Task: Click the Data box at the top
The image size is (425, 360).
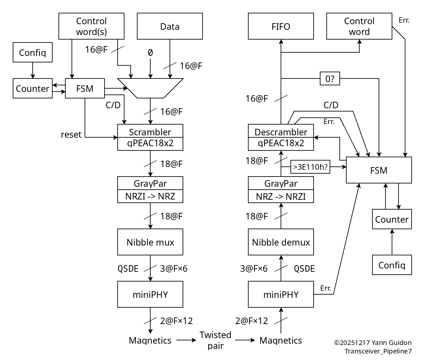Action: (170, 26)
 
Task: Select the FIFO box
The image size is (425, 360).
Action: (281, 26)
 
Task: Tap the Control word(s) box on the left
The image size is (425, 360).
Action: (91, 26)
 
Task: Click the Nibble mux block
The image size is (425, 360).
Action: (150, 242)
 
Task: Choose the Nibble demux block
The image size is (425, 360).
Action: (281, 242)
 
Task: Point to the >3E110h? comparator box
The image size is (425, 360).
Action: (310, 167)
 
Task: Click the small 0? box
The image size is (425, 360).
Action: (330, 78)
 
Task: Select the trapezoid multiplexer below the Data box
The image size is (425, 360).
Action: (150, 88)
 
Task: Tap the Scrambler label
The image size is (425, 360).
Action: (150, 132)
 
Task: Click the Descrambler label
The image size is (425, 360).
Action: (281, 132)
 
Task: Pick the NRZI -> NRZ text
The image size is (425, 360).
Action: (150, 196)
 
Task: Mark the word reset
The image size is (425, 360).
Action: (71, 134)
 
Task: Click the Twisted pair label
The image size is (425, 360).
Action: (215, 340)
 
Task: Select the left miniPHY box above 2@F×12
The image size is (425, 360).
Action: (150, 294)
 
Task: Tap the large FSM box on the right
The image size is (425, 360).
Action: (379, 170)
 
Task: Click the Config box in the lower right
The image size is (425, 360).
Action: (392, 265)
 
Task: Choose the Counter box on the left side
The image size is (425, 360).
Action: (32, 88)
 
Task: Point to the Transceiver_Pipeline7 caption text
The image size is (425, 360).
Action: (378, 351)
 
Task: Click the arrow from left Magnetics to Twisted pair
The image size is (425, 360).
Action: (186, 340)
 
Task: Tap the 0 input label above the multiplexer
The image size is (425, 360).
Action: (150, 53)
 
